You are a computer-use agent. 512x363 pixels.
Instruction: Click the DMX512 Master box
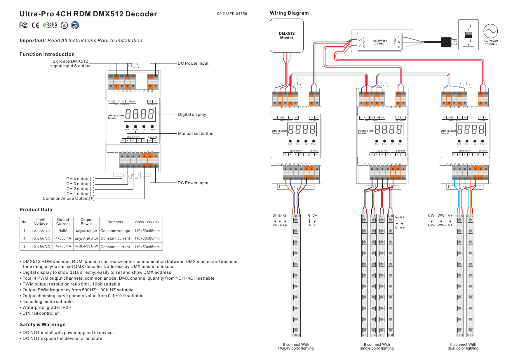pos(287,36)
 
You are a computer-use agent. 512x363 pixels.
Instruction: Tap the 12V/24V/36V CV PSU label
pos(379,42)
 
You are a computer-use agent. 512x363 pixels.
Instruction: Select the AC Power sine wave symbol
pos(490,31)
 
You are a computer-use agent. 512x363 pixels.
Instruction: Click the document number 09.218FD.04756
pos(232,14)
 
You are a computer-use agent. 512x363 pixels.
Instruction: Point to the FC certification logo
pos(24,25)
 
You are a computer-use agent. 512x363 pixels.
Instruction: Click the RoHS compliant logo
pos(50,25)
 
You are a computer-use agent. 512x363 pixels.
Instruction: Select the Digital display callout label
pos(192,114)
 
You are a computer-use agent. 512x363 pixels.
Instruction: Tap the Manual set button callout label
pos(196,133)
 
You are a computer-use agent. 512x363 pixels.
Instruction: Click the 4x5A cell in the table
pos(63,231)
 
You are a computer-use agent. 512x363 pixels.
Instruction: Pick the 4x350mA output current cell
pos(63,238)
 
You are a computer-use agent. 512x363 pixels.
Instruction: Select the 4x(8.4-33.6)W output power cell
pos(86,246)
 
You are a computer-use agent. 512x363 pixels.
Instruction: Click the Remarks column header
pos(115,222)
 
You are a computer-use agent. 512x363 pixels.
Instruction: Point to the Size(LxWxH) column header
pos(147,222)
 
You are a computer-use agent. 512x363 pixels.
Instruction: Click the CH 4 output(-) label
pos(80,179)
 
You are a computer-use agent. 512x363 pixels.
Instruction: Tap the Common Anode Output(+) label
pos(69,198)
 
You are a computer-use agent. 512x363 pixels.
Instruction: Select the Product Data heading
pos(36,209)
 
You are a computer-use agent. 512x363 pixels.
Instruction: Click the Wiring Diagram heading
pos(289,13)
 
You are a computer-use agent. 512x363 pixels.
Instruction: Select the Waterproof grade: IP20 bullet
pos(46,307)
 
